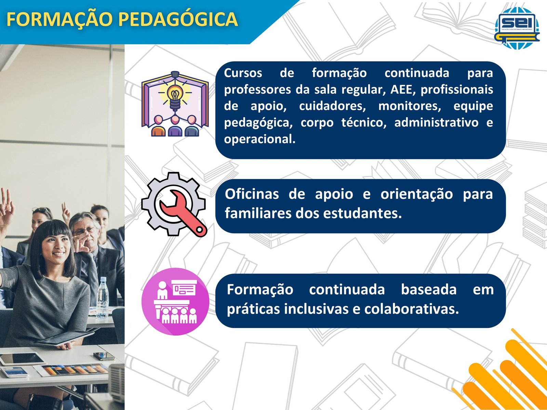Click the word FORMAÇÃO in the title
pos(59,19)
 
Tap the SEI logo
pos(517,28)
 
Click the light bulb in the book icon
pos(175,97)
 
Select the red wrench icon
pos(183,213)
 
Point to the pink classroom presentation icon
pos(175,301)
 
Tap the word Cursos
pos(243,73)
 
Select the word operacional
pos(259,139)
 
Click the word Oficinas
pos(252,194)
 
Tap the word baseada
pos(429,289)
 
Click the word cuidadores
pos(332,106)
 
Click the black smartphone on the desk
pos(104,356)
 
